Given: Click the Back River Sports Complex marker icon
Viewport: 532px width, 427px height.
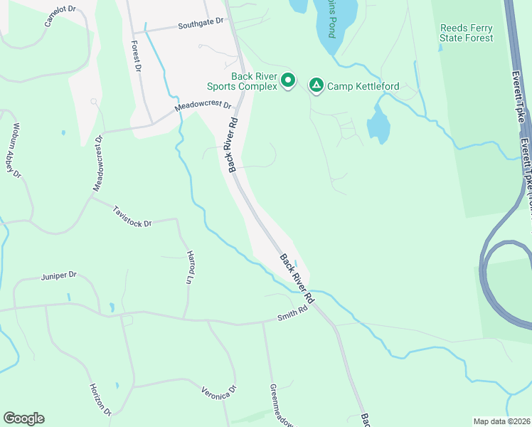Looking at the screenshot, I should pos(288,80).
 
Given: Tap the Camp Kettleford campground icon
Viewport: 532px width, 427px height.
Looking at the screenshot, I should pos(316,86).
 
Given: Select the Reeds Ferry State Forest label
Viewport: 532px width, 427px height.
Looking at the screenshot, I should pos(467,33).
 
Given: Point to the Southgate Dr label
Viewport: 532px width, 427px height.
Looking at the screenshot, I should pos(201,26).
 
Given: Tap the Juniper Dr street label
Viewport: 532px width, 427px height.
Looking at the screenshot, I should pos(59,275).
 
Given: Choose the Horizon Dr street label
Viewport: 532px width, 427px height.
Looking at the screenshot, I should pos(100,399).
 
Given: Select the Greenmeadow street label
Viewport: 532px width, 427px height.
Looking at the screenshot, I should pos(281,405).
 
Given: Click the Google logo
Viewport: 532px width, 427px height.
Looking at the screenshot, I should pos(23,418).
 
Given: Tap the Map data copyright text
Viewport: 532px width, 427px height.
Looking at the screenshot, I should pos(501,421).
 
